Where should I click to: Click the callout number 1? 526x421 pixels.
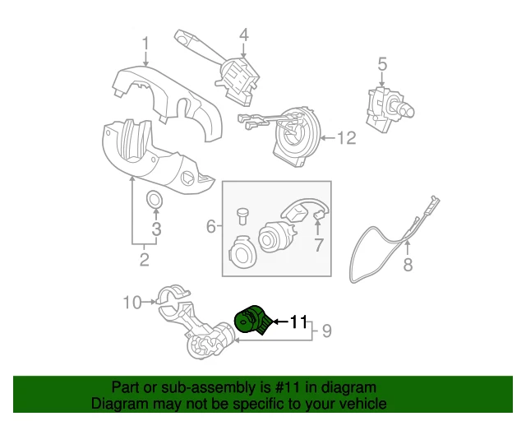tap(145, 43)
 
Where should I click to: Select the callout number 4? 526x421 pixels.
tap(243, 35)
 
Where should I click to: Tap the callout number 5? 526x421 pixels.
tap(381, 63)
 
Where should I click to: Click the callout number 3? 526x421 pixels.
tap(155, 228)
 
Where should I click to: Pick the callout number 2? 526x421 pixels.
tap(144, 261)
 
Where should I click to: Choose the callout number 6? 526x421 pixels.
tap(210, 225)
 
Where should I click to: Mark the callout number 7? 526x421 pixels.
tap(319, 245)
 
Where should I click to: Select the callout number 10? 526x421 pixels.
tap(132, 302)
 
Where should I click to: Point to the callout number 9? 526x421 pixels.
tap(326, 331)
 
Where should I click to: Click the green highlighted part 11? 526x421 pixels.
tap(251, 321)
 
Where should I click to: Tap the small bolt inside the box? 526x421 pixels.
tap(242, 216)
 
